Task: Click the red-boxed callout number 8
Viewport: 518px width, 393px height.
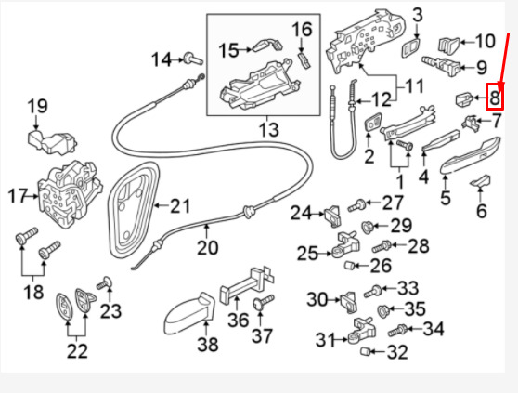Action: click(495, 96)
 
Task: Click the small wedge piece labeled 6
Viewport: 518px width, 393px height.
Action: click(480, 182)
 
